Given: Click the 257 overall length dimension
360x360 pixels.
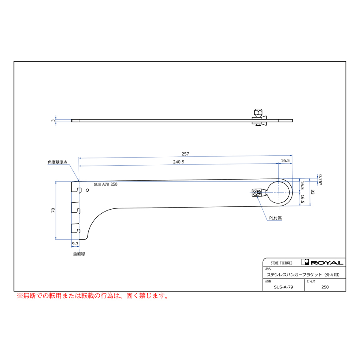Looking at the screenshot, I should pos(185,154).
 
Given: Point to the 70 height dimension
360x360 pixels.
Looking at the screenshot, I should pos(53,210).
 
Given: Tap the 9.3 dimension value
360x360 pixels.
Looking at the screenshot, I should pos(75,244).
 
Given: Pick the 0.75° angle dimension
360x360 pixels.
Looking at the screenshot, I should pos(319,178).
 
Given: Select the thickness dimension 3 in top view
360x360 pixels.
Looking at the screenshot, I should pos(53,120).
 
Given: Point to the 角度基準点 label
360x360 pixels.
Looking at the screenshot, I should pos(57,163).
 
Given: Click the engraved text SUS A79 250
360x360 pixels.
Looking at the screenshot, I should pos(105,185).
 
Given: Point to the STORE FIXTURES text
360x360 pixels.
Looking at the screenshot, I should pos(281,263).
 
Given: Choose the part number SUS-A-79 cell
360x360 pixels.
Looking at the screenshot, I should pos(284,287).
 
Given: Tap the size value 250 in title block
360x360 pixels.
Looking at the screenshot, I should pos(325,287).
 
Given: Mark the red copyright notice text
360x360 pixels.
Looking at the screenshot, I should pos(92,296).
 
